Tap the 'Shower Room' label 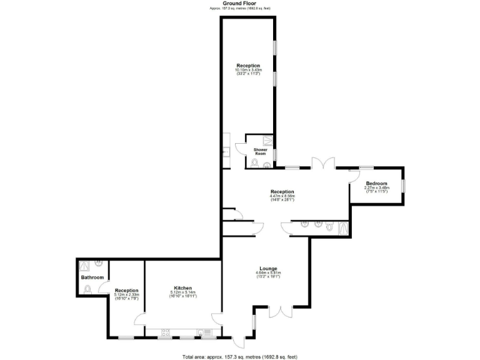click(261, 151)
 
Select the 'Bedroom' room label click(377, 183)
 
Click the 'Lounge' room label click(268, 269)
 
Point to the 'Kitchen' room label click(183, 288)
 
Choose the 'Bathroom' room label click(92, 277)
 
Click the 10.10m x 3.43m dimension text click(247, 70)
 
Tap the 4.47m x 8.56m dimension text click(282, 196)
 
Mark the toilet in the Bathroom click(87, 289)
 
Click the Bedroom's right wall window click(404, 185)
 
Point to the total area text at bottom click(240, 356)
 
